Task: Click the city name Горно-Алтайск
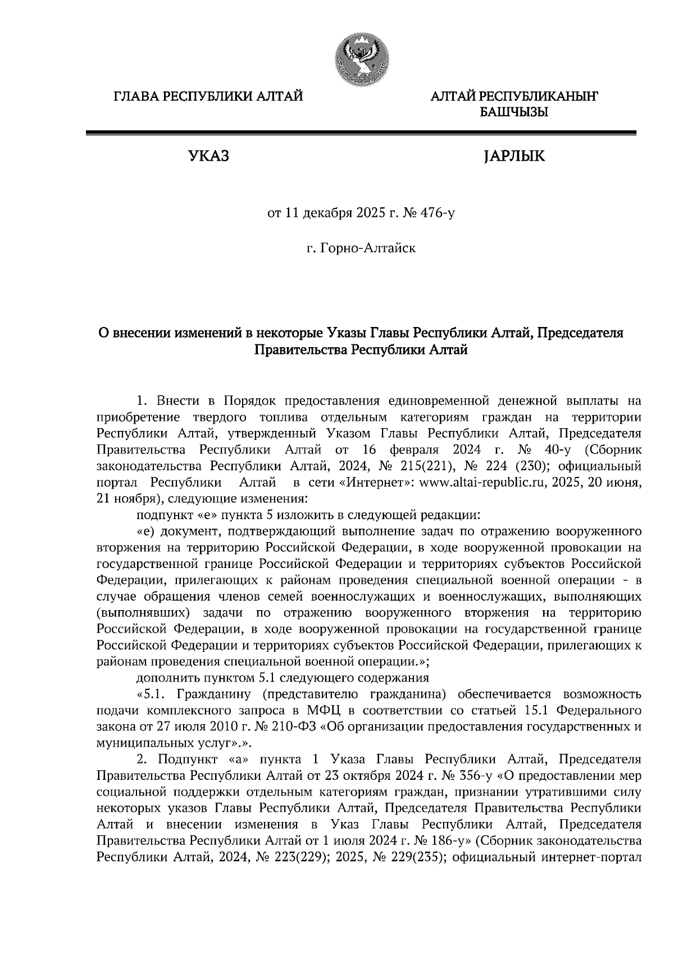click(x=368, y=247)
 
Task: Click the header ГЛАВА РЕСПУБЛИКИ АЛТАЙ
click(x=208, y=97)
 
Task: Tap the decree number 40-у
click(x=568, y=449)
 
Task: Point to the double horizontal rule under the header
click(x=360, y=133)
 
